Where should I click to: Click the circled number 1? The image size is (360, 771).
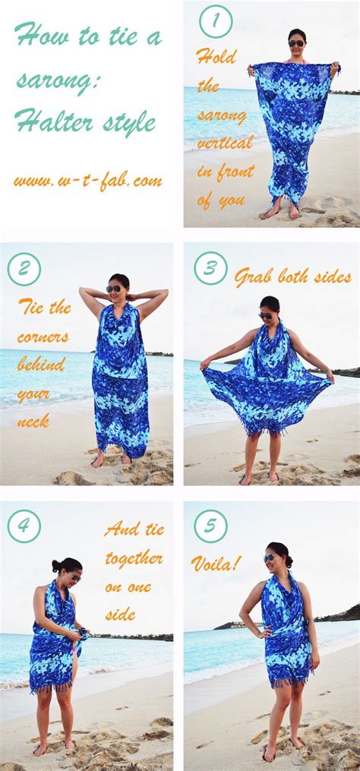tap(215, 21)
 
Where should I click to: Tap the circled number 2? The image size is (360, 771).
tap(24, 270)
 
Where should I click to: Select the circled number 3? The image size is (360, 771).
tap(210, 268)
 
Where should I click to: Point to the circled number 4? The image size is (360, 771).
tap(24, 526)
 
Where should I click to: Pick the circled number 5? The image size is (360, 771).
tap(210, 526)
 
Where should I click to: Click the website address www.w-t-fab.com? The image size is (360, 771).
tap(87, 182)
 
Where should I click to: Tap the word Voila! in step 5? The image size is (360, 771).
tap(216, 564)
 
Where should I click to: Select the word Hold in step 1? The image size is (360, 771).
tap(216, 56)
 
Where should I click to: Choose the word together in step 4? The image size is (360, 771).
tap(134, 559)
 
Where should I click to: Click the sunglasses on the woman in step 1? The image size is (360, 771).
tap(296, 43)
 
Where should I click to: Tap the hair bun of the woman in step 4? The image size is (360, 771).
tap(56, 566)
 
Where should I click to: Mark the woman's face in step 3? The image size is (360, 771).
tap(267, 314)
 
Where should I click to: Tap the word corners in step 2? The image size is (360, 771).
tap(43, 336)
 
